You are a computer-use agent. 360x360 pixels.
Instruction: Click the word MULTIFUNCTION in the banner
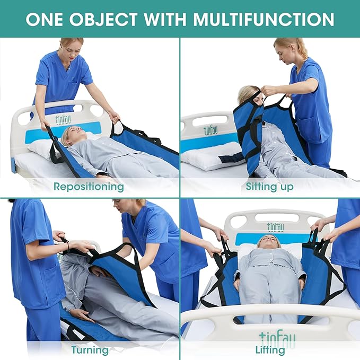pyautogui.click(x=264, y=19)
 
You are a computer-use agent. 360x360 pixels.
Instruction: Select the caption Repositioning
pyautogui.click(x=89, y=187)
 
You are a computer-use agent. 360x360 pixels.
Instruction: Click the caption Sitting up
pyautogui.click(x=269, y=187)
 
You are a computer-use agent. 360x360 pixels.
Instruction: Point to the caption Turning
pyautogui.click(x=90, y=350)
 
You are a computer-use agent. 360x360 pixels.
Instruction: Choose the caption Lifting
pyautogui.click(x=270, y=350)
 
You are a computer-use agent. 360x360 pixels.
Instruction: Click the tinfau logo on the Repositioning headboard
pyautogui.click(x=63, y=120)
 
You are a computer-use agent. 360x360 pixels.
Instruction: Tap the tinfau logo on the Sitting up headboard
pyautogui.click(x=210, y=130)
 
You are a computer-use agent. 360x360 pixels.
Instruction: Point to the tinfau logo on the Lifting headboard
pyautogui.click(x=276, y=227)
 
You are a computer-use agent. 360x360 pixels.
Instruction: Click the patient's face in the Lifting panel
pyautogui.click(x=269, y=242)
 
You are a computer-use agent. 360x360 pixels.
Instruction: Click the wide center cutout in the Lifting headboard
pyautogui.click(x=277, y=217)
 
